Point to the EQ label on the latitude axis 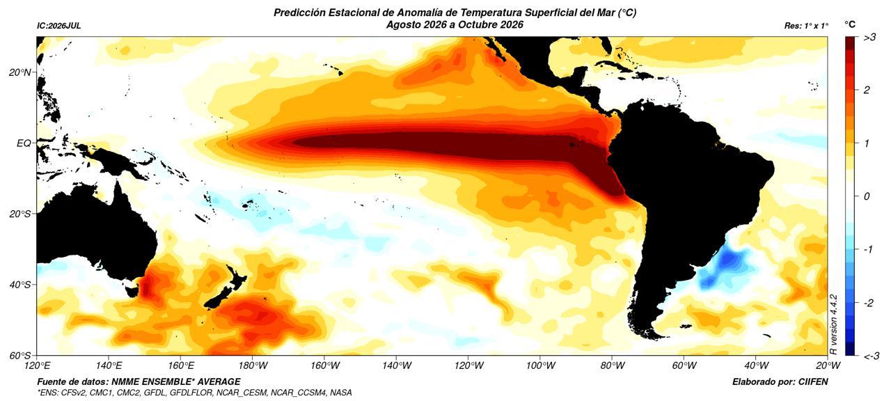[24, 143]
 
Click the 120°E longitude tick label [38, 365]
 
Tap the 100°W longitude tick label [540, 365]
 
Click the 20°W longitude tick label [828, 365]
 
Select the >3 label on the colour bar [869, 38]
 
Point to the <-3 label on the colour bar [871, 356]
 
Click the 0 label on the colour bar [867, 196]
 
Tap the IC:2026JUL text [59, 26]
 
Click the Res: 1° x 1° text [806, 26]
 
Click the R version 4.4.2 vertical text [834, 324]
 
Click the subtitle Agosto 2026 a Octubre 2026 [455, 24]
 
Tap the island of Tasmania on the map [132, 290]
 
